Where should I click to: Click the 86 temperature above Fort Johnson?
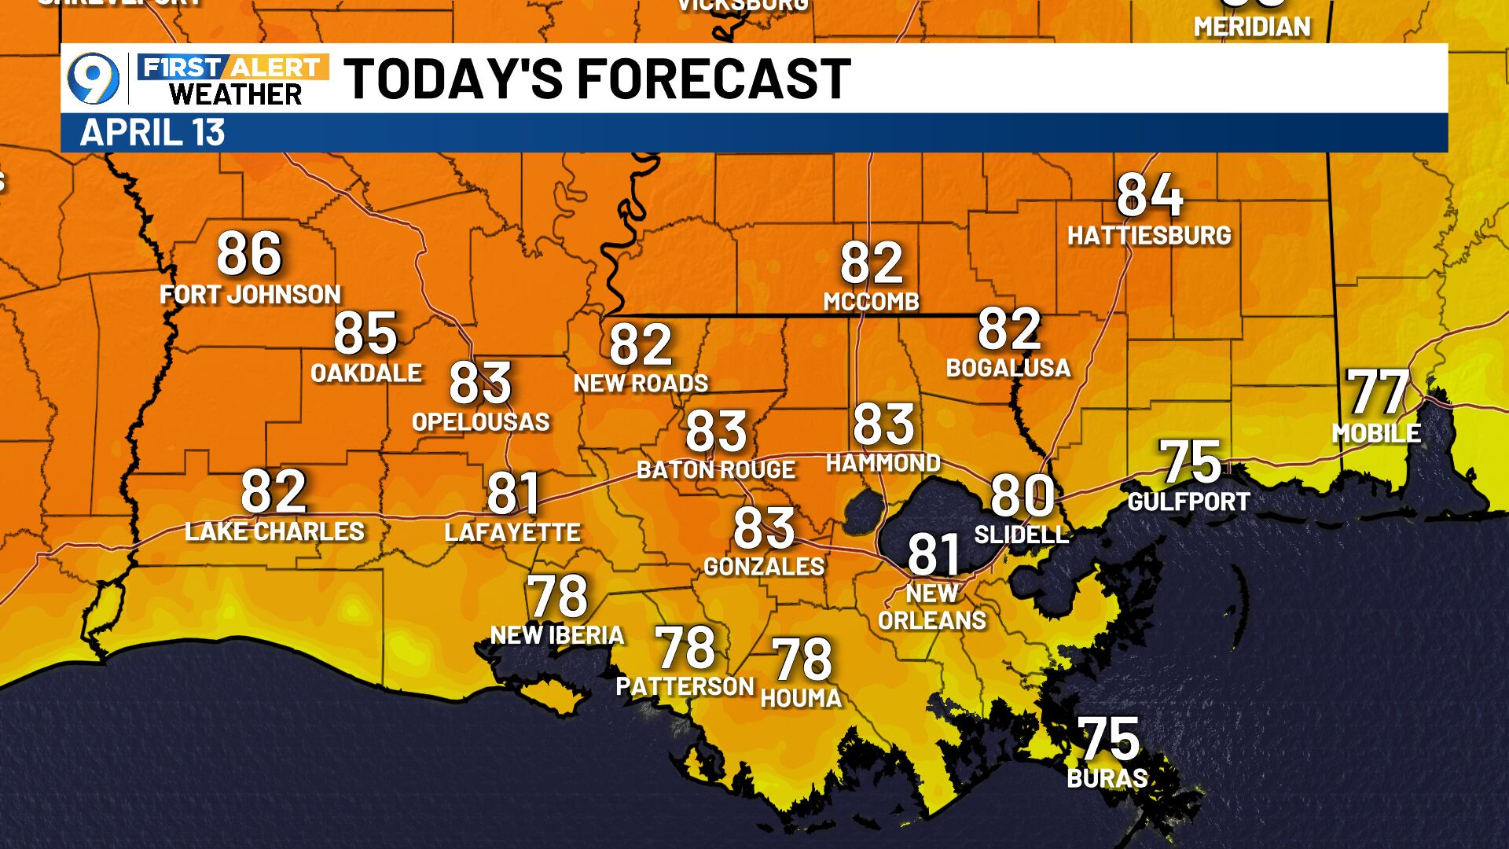click(x=249, y=254)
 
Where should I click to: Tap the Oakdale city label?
click(x=366, y=373)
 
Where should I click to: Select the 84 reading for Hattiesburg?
click(x=1149, y=196)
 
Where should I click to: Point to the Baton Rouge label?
click(x=716, y=470)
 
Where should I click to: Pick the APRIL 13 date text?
click(x=152, y=133)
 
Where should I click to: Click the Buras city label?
click(x=1107, y=778)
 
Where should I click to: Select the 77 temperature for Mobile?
click(x=1379, y=392)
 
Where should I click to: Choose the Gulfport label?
click(x=1188, y=501)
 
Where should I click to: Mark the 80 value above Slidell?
click(x=1022, y=495)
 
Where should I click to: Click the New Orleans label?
click(x=932, y=607)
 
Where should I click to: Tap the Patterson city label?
click(x=685, y=686)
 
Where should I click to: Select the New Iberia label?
click(x=557, y=635)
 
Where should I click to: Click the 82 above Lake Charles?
click(x=273, y=491)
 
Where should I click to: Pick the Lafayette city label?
click(x=512, y=532)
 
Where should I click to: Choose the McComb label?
click(x=871, y=301)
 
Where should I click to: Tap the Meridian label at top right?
click(x=1252, y=27)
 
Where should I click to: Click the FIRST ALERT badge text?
click(x=233, y=68)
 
